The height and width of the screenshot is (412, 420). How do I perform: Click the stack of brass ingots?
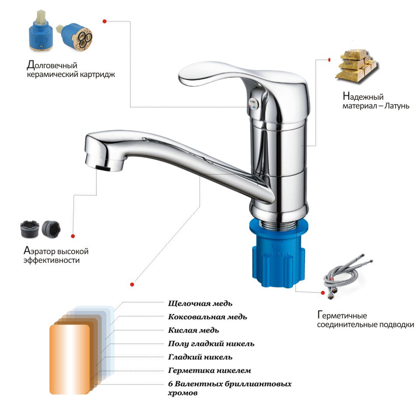(357, 66)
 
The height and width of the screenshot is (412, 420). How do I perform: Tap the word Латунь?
(397, 106)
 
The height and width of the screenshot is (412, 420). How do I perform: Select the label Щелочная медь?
(200, 304)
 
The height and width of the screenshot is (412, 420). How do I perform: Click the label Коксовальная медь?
(207, 317)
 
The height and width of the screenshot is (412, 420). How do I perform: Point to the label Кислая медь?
(193, 330)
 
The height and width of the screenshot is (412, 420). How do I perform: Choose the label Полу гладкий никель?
(211, 344)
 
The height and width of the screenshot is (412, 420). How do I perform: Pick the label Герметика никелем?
(209, 370)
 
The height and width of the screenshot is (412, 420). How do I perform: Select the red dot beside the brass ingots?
(330, 59)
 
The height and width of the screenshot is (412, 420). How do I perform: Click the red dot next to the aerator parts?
(73, 236)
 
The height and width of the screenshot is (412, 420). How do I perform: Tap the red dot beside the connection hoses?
(323, 293)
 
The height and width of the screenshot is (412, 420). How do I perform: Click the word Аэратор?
(40, 251)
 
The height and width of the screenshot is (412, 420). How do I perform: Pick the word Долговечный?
(52, 65)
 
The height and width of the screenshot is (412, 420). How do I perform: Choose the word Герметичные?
(342, 315)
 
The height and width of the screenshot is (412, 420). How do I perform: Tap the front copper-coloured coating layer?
(69, 360)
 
